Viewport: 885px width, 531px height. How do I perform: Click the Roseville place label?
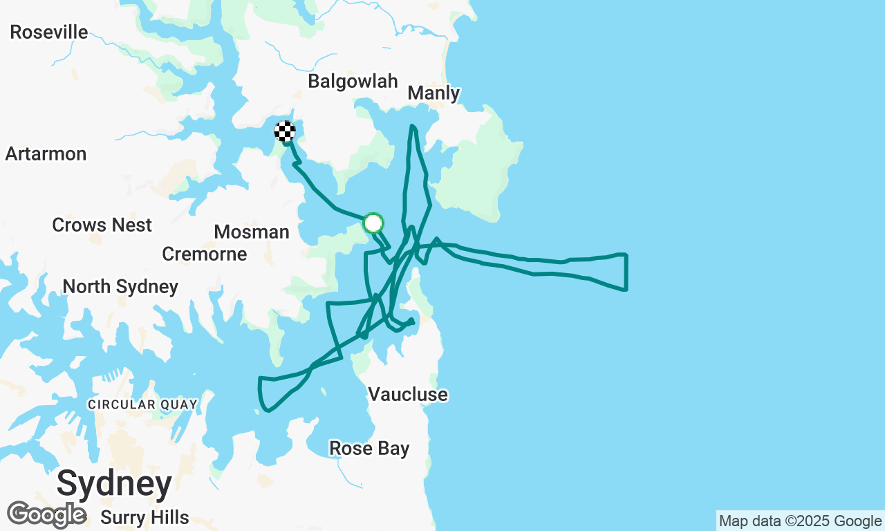click(49, 32)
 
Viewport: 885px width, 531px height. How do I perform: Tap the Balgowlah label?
click(353, 81)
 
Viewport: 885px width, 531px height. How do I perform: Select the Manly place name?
click(434, 93)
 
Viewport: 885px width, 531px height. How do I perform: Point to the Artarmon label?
click(46, 153)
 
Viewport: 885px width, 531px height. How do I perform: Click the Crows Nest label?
click(102, 225)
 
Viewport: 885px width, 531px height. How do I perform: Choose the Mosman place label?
click(252, 232)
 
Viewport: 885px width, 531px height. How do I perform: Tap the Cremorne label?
click(205, 254)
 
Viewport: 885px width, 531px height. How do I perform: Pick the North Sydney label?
click(120, 286)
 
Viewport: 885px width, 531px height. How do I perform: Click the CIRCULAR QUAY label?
click(142, 404)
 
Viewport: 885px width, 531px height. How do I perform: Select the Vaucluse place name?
click(408, 394)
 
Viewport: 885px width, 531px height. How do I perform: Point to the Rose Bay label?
click(369, 448)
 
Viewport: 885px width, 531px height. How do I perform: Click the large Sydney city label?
click(114, 483)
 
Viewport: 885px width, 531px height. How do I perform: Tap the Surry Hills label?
click(145, 517)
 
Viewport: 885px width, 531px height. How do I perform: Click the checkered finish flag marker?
click(285, 131)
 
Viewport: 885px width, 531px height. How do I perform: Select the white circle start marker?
click(373, 223)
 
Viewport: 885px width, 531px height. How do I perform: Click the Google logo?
click(46, 514)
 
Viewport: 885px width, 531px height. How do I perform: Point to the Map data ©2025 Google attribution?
click(800, 521)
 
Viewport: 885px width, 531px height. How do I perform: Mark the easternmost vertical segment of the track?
click(626, 272)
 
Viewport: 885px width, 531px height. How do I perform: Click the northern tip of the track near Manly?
click(412, 127)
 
